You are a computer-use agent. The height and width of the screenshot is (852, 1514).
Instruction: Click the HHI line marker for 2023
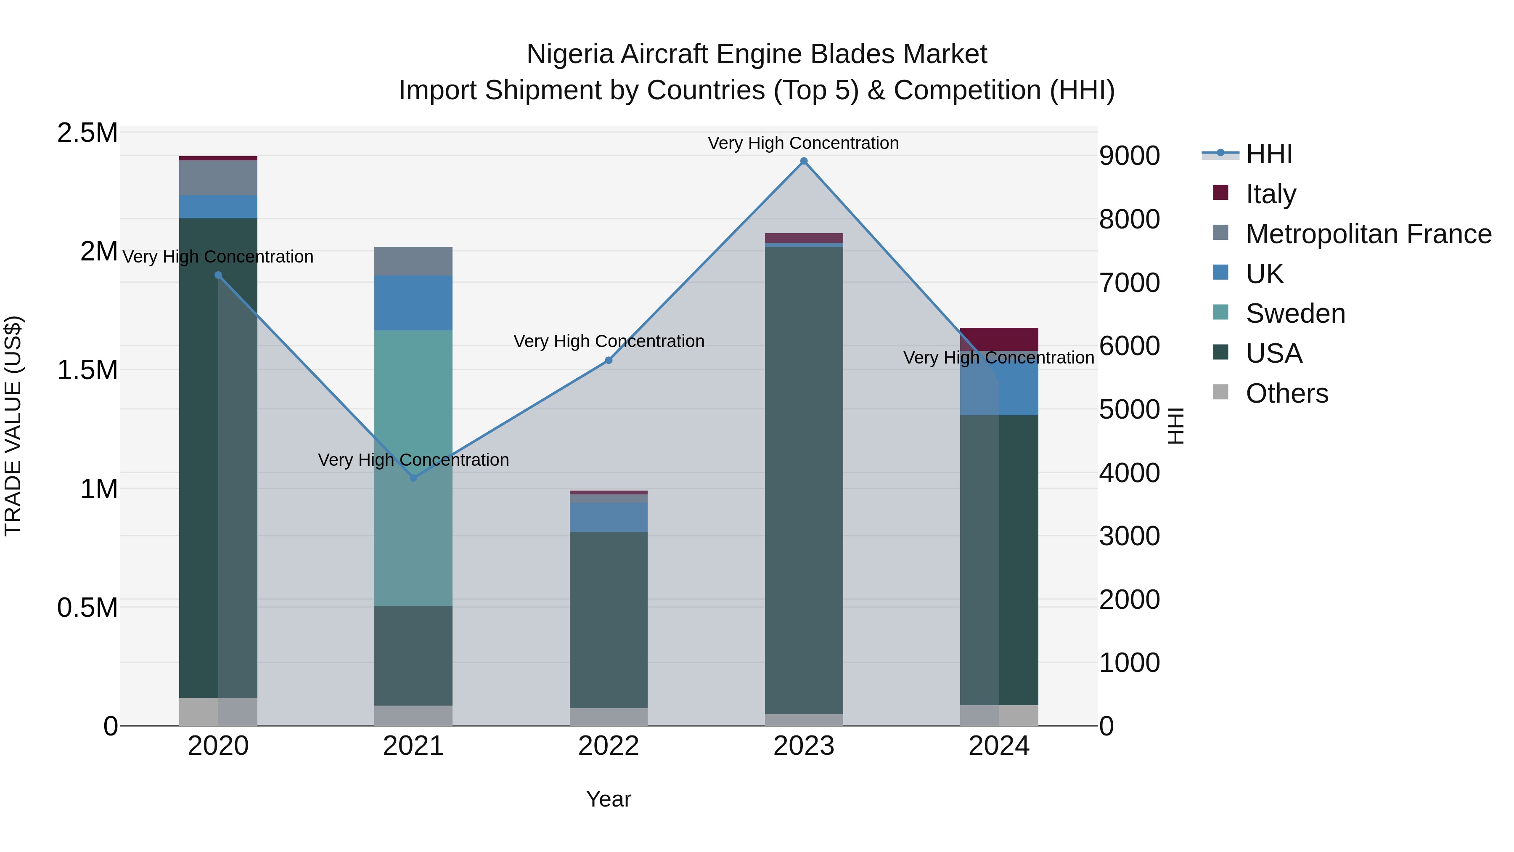[x=803, y=161]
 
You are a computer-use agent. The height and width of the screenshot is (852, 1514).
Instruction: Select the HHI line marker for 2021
[x=413, y=478]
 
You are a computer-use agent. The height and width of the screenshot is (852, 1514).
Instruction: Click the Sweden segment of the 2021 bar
[x=413, y=529]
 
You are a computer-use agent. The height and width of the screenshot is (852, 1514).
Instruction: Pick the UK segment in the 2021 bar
[x=413, y=303]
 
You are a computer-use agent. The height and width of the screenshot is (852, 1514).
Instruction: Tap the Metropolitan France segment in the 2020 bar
[x=218, y=178]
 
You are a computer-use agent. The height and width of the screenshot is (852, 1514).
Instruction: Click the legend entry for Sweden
[x=1295, y=313]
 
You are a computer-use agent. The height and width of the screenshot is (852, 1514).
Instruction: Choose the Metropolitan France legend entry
[x=1368, y=234]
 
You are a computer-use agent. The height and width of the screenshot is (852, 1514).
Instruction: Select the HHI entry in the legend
[x=1268, y=154]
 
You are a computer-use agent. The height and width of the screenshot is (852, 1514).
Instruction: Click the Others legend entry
[x=1286, y=393]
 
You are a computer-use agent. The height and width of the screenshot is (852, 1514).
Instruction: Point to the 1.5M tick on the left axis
[x=87, y=370]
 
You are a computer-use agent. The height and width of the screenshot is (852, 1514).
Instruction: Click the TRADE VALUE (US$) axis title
[x=13, y=426]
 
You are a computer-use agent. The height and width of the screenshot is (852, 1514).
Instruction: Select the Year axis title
[x=608, y=799]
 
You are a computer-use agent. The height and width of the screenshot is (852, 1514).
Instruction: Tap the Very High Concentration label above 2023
[x=803, y=143]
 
